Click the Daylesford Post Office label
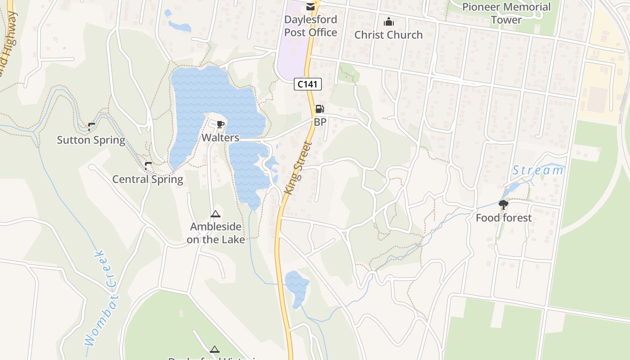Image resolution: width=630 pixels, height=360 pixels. (310, 26)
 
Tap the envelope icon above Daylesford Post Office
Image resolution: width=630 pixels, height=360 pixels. (310, 6)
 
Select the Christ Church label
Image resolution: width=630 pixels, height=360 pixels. (388, 35)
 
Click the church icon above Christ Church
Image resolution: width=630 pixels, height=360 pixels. (388, 22)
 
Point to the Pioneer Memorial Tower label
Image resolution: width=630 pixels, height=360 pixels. (506, 13)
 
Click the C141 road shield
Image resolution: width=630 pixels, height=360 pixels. (308, 84)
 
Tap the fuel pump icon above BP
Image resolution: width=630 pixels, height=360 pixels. (319, 108)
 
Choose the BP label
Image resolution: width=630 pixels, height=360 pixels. (320, 122)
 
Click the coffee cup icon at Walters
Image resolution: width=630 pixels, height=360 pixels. (220, 124)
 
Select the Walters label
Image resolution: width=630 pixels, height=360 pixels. (220, 137)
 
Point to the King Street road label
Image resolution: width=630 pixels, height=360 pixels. (298, 168)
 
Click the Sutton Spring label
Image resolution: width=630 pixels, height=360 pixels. (91, 140)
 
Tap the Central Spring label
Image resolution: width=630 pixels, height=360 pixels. (148, 179)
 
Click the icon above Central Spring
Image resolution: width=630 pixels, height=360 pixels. (148, 166)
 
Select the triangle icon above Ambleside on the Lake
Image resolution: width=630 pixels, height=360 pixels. (215, 214)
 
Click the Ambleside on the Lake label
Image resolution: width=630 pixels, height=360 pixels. (216, 233)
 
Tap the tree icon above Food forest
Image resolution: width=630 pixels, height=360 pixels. (504, 205)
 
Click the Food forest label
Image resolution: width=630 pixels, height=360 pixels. (504, 218)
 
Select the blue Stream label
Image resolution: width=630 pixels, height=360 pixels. (538, 171)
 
